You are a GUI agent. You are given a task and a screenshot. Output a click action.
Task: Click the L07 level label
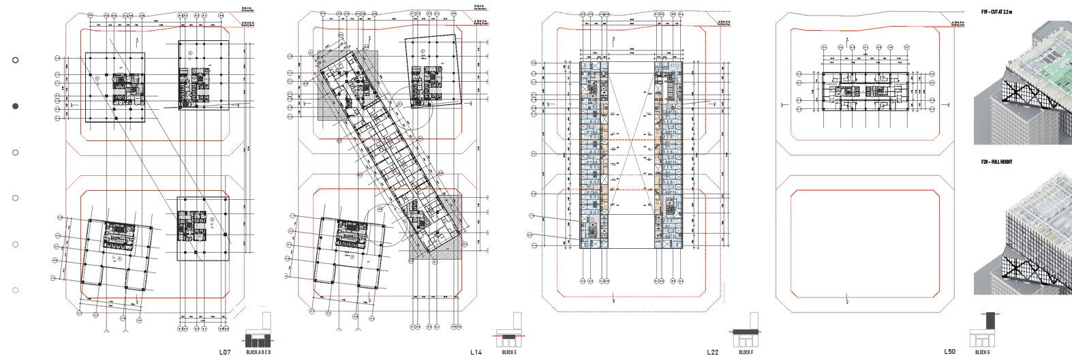pos(225,352)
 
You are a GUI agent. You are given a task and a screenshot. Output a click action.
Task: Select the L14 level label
pos(476,352)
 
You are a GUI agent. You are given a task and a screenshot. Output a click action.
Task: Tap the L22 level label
pos(712,352)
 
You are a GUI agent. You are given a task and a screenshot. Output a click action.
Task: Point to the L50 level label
pos(949,352)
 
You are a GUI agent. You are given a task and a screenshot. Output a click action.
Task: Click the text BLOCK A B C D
pos(258,352)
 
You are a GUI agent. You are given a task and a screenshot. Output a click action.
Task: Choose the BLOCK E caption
pos(509,352)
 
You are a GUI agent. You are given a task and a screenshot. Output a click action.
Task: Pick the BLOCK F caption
pos(746,352)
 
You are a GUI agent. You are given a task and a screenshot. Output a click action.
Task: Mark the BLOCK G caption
pos(982,352)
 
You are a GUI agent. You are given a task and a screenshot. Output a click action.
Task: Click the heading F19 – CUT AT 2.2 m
pos(996,12)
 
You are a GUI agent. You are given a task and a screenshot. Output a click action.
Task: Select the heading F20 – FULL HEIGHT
pos(996,162)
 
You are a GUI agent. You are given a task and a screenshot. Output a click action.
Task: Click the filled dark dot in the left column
pos(16,106)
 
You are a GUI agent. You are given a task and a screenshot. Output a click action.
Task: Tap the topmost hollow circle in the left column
pos(16,60)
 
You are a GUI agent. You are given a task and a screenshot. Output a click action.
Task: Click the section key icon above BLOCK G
pos(983,331)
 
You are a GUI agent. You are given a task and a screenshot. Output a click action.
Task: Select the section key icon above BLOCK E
pos(508,331)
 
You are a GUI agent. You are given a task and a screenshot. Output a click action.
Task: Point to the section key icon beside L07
pos(258,331)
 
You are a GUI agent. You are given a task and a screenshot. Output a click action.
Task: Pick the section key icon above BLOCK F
pos(746,331)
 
